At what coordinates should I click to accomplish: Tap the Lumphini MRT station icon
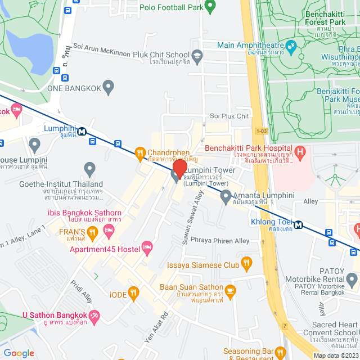pyautogui.click(x=83, y=131)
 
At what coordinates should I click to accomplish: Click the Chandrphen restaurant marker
pyautogui.click(x=140, y=152)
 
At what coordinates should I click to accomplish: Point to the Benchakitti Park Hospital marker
pyautogui.click(x=300, y=151)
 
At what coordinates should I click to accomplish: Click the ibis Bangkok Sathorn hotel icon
pyautogui.click(x=110, y=230)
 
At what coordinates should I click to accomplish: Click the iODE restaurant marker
pyautogui.click(x=133, y=292)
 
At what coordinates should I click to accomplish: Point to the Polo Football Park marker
pyautogui.click(x=210, y=7)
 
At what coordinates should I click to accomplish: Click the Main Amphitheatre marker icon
pyautogui.click(x=291, y=45)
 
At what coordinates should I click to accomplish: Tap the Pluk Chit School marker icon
pyautogui.click(x=197, y=55)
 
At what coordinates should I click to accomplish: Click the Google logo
pyautogui.click(x=19, y=353)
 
